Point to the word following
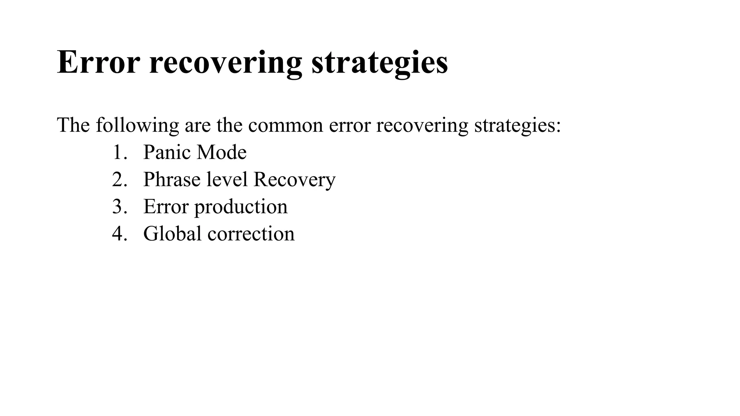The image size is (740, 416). coord(137,126)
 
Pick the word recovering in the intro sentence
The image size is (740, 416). coord(422,126)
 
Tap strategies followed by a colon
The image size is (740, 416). coord(517,126)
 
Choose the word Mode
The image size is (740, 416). coord(221,152)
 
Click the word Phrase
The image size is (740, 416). coord(172,179)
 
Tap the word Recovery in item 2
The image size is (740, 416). coord(294,179)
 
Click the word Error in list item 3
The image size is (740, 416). coord(166,207)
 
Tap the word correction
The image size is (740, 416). coord(251,234)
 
